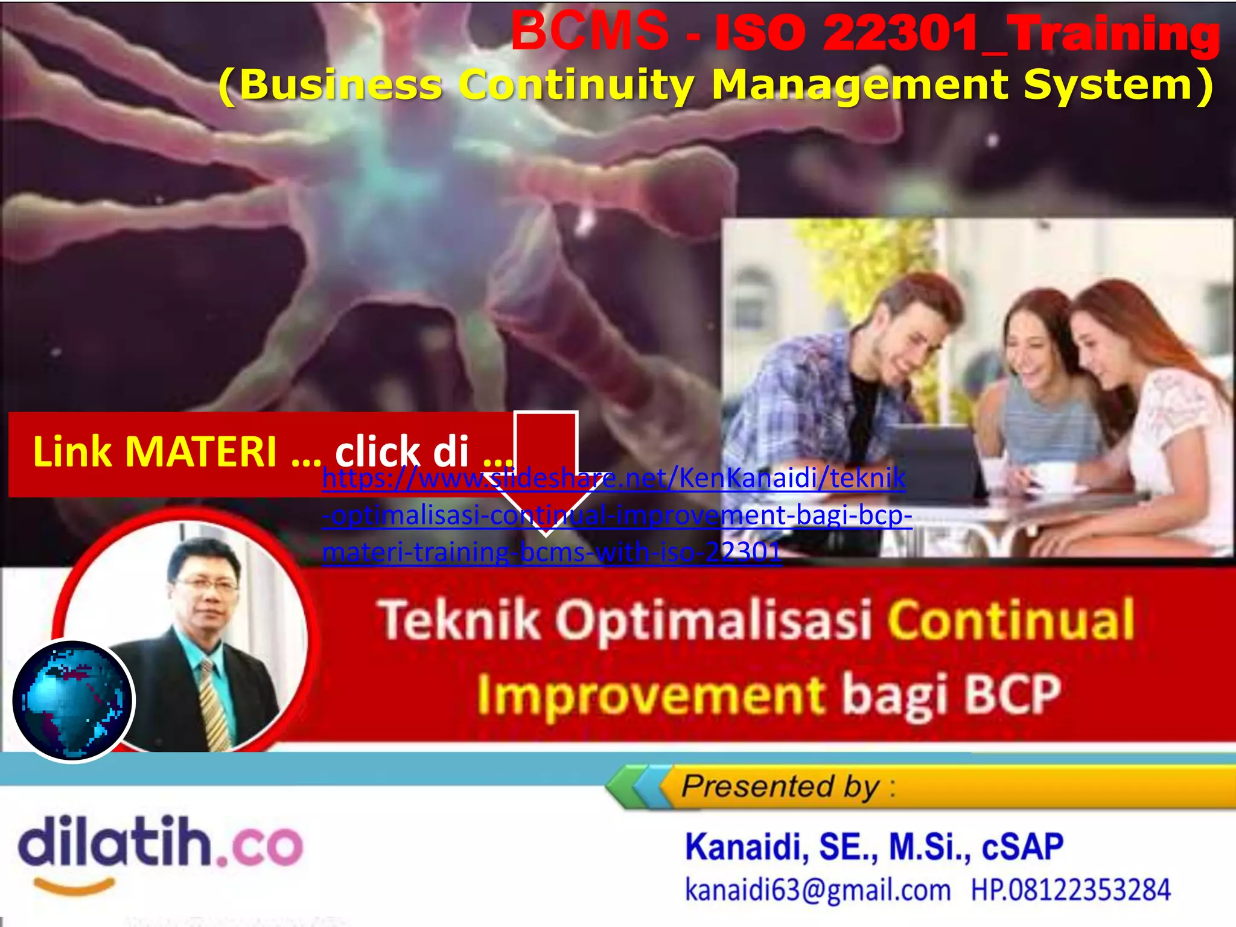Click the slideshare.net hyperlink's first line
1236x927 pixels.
coord(613,479)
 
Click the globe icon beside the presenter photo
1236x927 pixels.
coord(73,701)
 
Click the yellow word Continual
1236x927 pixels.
coord(1011,620)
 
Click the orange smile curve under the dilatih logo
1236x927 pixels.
coord(74,886)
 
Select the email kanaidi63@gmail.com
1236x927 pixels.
coord(817,890)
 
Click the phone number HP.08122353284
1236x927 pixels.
coord(1070,890)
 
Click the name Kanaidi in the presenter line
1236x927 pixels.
coord(746,847)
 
